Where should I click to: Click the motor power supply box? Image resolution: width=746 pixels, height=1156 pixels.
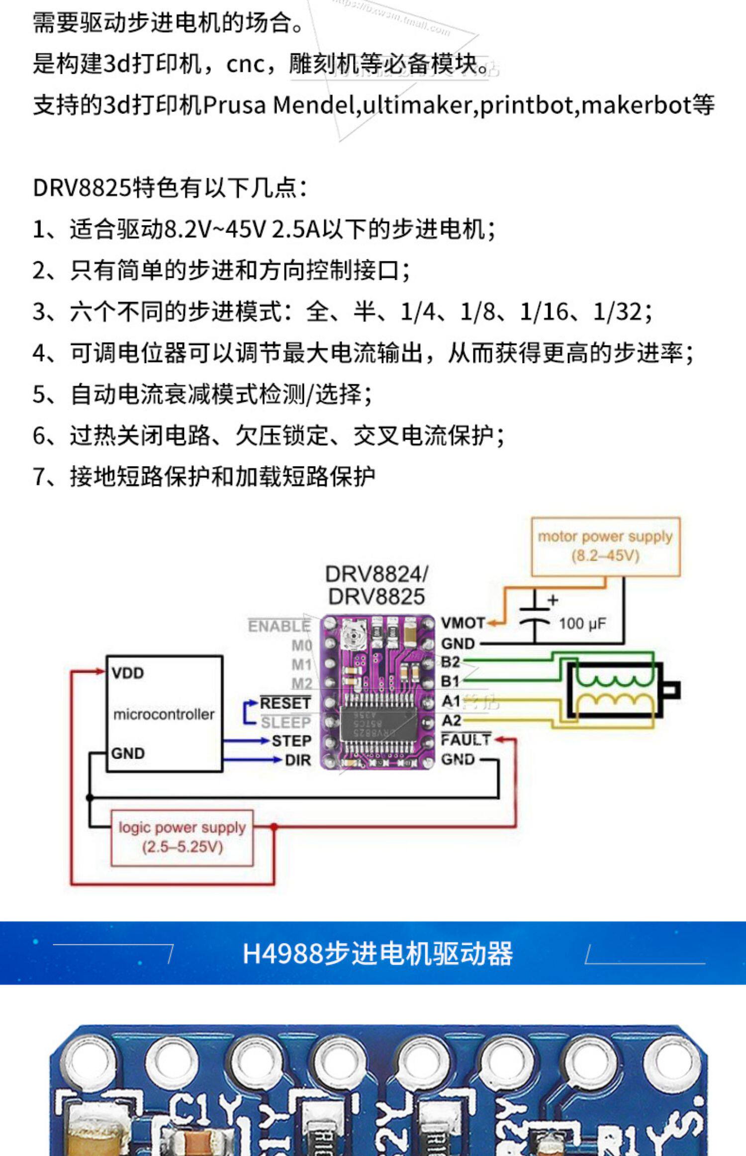(605, 546)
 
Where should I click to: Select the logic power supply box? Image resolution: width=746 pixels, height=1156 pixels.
(182, 837)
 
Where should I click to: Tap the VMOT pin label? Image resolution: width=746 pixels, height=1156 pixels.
(463, 623)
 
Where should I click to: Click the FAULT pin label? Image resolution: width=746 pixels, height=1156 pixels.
(466, 740)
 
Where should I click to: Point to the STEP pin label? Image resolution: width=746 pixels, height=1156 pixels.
(291, 741)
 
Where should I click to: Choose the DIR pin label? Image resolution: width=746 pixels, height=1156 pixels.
(297, 760)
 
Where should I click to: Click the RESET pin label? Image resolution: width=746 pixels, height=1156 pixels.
(285, 703)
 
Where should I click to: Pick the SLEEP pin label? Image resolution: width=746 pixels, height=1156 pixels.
(285, 722)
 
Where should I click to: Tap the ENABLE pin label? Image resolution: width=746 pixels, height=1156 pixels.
(279, 626)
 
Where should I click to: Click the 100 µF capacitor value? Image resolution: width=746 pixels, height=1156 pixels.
(582, 623)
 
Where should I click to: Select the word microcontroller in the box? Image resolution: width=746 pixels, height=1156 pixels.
(164, 714)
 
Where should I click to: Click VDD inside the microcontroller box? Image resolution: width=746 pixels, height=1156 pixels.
(128, 673)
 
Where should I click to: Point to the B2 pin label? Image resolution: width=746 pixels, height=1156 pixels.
(450, 662)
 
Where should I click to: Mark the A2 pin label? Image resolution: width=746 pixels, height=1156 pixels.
(451, 720)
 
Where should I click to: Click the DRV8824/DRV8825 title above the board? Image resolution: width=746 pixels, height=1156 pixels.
(376, 585)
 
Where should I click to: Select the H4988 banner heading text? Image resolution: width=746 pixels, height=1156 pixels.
(377, 953)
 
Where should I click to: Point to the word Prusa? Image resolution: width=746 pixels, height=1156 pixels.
(234, 105)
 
